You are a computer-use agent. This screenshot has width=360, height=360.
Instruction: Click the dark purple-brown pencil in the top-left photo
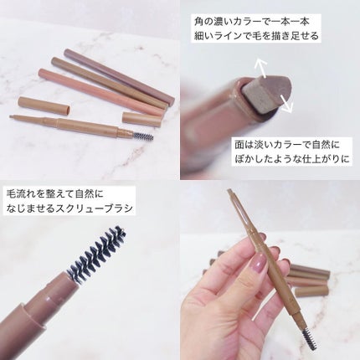coord(120,75)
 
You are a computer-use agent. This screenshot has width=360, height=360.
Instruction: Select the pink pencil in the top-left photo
coord(100,92)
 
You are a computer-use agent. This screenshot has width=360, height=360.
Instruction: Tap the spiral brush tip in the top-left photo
coord(143,136)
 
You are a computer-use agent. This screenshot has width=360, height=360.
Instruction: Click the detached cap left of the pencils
coord(44,105)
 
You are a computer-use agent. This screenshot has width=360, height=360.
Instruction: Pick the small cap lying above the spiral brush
coord(142,119)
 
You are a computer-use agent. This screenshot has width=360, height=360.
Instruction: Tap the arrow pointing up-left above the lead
coord(262,67)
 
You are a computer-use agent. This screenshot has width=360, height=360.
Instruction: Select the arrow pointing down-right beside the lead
coord(285,104)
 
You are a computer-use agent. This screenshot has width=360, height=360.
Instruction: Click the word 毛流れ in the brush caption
coord(19,194)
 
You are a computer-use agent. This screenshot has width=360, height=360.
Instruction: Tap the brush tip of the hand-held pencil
coord(311,338)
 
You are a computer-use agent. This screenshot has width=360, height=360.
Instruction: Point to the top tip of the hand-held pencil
coord(229,191)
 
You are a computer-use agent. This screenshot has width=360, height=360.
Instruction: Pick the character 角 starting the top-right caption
coord(199,22)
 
